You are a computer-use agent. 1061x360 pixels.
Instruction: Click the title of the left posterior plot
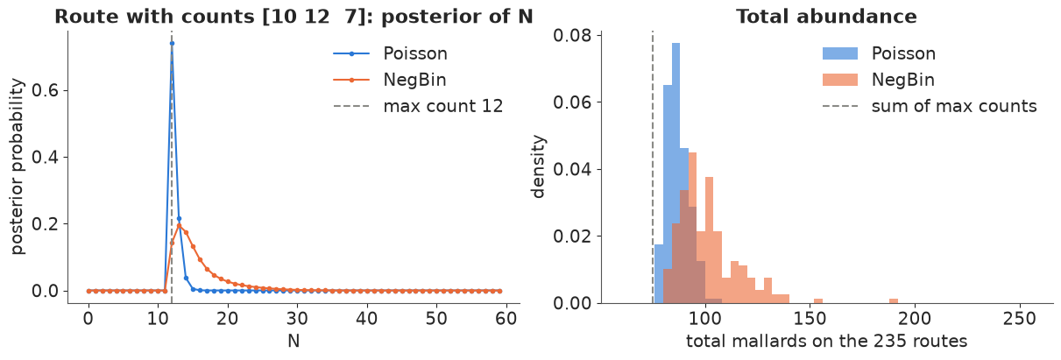click(294, 17)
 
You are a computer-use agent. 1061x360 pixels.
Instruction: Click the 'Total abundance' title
click(826, 17)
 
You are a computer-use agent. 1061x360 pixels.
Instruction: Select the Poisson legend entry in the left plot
click(390, 53)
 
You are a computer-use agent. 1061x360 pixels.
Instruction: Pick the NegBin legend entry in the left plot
click(389, 80)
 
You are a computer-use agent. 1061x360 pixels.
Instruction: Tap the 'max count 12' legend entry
click(418, 106)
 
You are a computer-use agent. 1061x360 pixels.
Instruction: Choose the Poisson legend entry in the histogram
click(879, 53)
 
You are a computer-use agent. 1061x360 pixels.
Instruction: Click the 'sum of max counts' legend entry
click(930, 106)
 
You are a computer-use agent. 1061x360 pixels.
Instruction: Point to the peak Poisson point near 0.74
click(172, 43)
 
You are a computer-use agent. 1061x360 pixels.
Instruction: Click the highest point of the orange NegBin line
click(179, 225)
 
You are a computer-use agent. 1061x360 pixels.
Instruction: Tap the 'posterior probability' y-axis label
click(18, 166)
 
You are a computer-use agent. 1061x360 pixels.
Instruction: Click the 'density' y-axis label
click(538, 166)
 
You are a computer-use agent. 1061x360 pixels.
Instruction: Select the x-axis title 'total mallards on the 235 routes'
click(826, 341)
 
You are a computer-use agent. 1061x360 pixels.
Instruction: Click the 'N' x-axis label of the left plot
click(294, 341)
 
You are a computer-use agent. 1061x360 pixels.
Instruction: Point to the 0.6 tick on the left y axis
click(45, 90)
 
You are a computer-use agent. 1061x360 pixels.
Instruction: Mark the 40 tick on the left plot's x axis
click(367, 318)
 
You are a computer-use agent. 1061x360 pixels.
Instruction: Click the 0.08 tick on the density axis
click(573, 36)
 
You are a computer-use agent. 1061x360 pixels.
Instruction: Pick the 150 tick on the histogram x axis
click(810, 318)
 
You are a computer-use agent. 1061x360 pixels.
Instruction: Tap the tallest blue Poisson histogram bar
click(676, 173)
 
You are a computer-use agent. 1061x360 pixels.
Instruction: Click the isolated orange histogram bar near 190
click(894, 301)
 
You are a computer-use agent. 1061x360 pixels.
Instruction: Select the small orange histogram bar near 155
click(818, 301)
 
